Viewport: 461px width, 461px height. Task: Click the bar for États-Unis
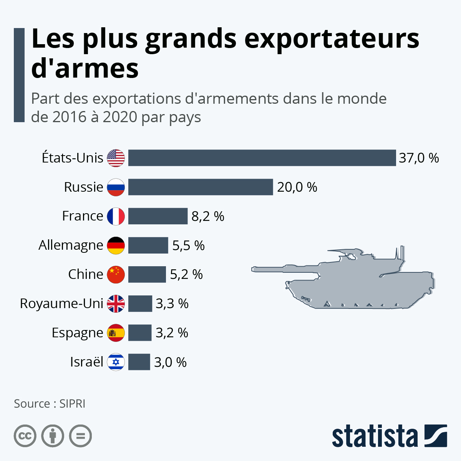click(x=262, y=158)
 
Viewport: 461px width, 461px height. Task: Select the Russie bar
click(x=200, y=187)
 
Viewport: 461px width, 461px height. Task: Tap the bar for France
click(x=158, y=216)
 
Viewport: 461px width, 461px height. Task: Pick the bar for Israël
click(x=139, y=362)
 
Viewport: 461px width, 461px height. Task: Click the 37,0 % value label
click(x=418, y=158)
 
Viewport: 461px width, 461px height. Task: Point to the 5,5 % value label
click(x=188, y=245)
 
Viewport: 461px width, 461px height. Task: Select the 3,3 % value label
click(x=172, y=304)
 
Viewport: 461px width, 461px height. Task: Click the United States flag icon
click(x=116, y=158)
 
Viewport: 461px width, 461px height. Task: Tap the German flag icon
click(x=116, y=245)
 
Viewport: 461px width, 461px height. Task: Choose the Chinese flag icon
click(x=116, y=275)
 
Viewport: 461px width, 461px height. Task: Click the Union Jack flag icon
click(x=116, y=304)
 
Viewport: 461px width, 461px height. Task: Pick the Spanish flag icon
click(x=116, y=333)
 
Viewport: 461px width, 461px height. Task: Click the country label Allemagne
click(x=71, y=245)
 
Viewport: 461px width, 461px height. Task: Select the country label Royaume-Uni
click(x=61, y=304)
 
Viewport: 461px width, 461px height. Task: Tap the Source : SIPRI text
click(x=50, y=404)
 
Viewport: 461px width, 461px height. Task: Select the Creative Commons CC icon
click(x=25, y=436)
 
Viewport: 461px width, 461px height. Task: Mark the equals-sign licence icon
click(x=80, y=436)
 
